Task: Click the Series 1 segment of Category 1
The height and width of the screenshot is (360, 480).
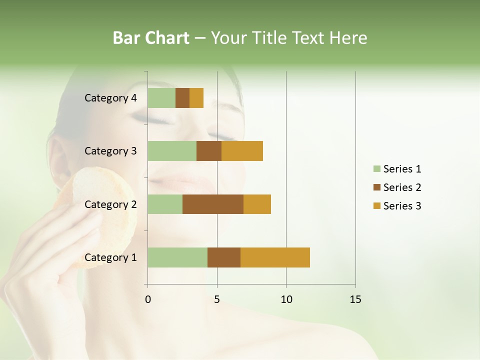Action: pos(177,257)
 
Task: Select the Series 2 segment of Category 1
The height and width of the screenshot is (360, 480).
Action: pos(224,257)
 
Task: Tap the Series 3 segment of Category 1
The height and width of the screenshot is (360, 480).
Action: pos(275,257)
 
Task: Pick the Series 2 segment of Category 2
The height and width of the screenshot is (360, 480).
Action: pos(213,204)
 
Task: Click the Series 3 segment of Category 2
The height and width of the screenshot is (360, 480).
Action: pos(257,204)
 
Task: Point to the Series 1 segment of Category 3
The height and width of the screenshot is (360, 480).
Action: pos(172,151)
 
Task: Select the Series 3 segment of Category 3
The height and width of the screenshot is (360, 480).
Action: pos(242,151)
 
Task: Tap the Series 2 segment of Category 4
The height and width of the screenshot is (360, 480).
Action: pos(182,98)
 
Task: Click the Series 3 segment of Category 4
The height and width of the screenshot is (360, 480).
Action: pos(196,98)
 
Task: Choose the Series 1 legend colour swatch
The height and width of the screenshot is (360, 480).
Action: pos(376,169)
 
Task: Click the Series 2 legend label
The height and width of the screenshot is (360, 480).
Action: pos(402,187)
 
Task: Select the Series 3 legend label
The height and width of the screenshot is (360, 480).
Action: pos(402,206)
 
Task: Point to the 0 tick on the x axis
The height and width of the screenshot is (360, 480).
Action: pos(147,299)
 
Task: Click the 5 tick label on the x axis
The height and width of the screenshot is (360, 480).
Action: pos(217,299)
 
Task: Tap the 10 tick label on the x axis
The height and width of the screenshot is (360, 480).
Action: pos(286,299)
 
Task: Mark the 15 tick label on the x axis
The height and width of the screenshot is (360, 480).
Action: pos(355,299)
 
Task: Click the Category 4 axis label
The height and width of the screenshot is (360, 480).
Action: pos(110,98)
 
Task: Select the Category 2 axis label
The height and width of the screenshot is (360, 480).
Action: pos(110,204)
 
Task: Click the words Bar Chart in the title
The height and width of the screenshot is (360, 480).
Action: pos(151,38)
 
